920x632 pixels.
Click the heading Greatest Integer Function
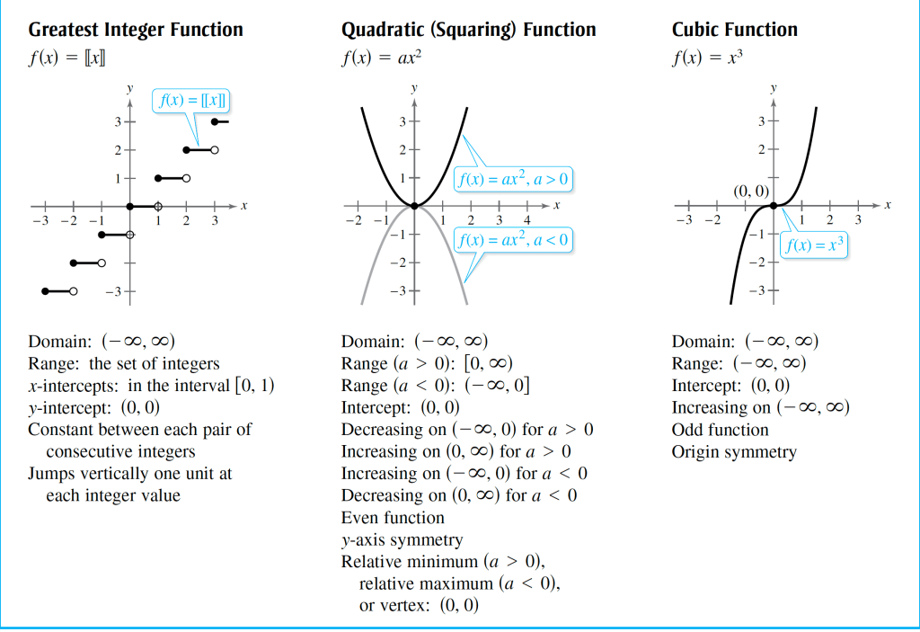136,30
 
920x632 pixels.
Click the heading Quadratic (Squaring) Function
468,30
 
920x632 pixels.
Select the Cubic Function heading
734,30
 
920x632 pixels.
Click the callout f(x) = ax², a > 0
513,180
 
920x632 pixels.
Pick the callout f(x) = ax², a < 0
513,240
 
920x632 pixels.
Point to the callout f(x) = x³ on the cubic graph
814,245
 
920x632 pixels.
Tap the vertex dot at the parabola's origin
414,206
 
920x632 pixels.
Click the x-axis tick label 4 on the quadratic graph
527,221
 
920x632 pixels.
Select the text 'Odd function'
720,430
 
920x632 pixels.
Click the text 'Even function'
393,518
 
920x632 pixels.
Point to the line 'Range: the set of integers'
124,363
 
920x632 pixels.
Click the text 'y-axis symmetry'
402,540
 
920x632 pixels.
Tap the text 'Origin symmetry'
734,451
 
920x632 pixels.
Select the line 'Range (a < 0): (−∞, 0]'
435,386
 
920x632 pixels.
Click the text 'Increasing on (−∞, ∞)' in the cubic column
760,407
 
